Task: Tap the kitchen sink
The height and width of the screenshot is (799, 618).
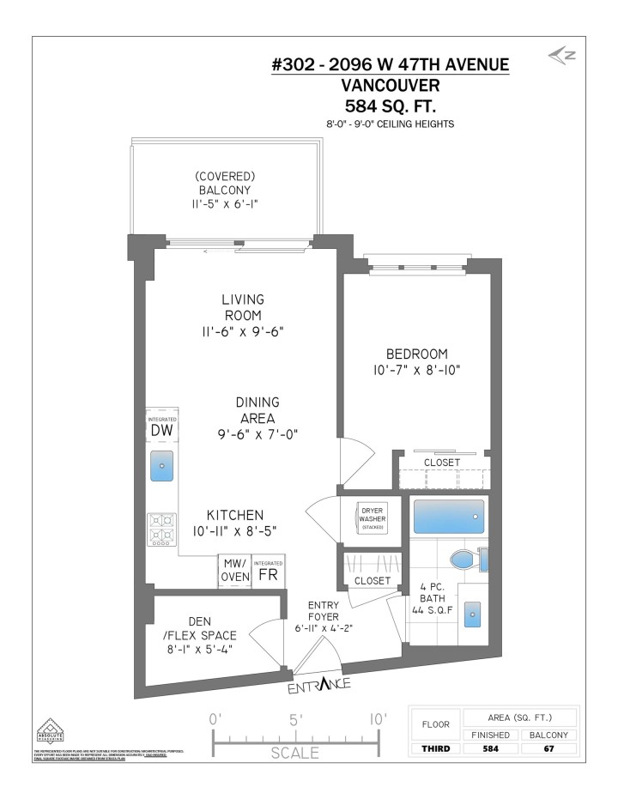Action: [161, 466]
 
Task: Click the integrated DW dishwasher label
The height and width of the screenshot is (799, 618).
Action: [162, 427]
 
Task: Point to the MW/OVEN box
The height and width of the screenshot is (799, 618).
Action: [235, 571]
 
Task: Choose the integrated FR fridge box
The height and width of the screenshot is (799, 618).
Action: [268, 571]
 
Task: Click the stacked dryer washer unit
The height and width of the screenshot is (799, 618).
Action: [372, 519]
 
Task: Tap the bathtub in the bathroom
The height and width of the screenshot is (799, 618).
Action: [449, 517]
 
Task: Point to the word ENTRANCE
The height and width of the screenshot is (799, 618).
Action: [318, 685]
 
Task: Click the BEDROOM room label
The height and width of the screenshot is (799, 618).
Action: [416, 354]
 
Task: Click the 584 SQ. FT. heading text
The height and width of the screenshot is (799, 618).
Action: [390, 106]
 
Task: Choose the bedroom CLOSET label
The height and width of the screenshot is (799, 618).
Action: [442, 463]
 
